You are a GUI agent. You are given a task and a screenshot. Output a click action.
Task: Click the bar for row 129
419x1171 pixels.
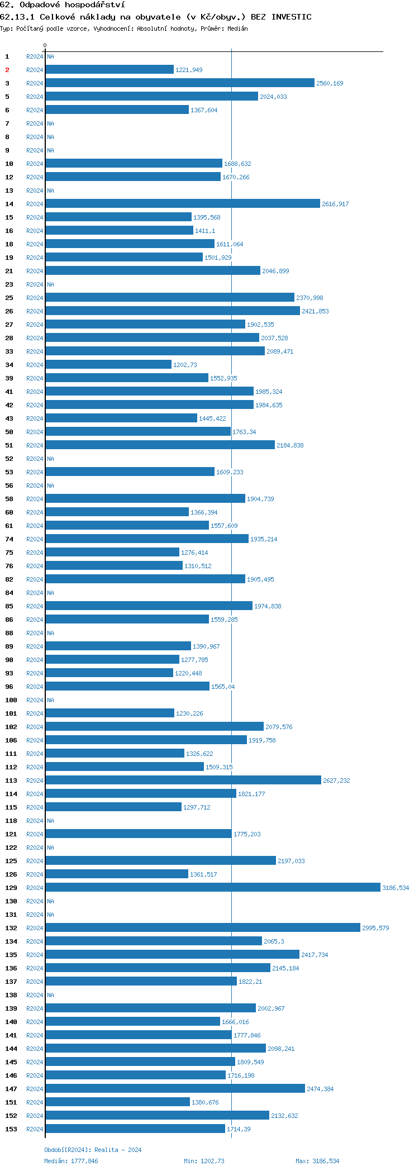(212, 887)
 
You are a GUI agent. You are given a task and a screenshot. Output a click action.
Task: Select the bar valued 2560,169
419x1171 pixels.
(180, 83)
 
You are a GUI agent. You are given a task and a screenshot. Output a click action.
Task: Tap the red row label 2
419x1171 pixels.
(7, 70)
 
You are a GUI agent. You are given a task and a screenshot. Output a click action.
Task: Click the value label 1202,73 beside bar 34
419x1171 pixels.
(185, 365)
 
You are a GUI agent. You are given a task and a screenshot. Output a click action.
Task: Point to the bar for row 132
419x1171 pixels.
(202, 927)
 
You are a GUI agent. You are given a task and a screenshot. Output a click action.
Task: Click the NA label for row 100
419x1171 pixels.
(50, 700)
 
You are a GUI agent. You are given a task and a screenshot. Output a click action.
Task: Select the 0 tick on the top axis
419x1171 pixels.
(45, 45)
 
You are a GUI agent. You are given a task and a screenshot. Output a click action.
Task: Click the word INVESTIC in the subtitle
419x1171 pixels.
(292, 17)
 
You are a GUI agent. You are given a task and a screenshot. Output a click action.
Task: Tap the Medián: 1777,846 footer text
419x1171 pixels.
(71, 1161)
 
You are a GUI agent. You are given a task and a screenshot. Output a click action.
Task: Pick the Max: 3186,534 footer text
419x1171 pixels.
(317, 1161)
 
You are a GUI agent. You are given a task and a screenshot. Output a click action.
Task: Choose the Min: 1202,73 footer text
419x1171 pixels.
(204, 1161)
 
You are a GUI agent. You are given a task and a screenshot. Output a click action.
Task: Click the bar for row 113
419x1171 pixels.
(183, 780)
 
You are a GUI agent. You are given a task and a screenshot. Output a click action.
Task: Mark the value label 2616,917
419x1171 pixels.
(335, 204)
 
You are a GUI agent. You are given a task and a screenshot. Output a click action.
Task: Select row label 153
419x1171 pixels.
(11, 1129)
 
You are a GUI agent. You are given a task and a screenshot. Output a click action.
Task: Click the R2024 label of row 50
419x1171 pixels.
(35, 432)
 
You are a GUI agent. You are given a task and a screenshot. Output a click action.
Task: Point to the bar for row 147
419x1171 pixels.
(175, 1088)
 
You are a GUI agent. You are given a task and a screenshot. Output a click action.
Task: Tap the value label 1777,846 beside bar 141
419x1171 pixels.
(247, 1035)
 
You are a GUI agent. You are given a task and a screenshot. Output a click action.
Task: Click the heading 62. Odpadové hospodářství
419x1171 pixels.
(63, 4)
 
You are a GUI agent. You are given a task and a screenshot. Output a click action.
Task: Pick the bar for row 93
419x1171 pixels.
(109, 673)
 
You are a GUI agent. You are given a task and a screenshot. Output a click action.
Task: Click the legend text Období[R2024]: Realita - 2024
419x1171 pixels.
(93, 1150)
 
